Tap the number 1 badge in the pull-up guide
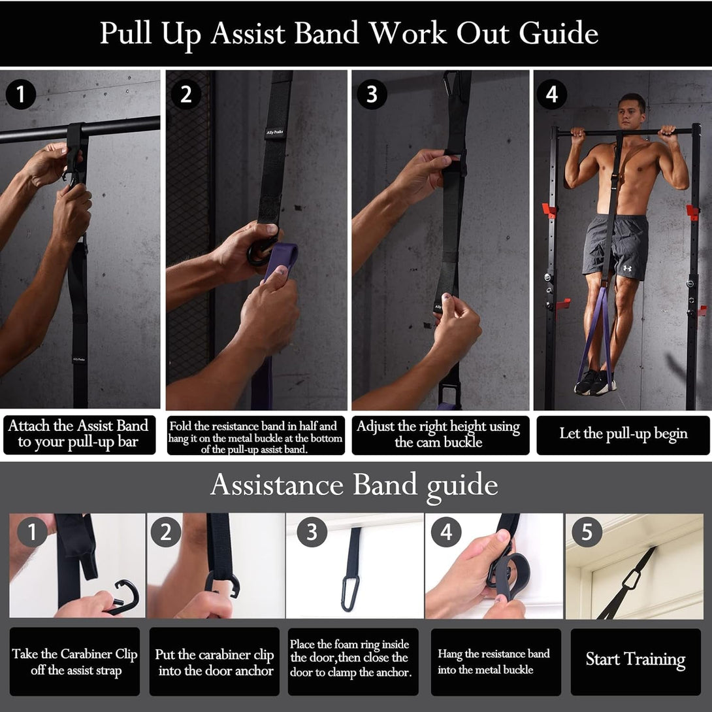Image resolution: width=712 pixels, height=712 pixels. tap(20, 95)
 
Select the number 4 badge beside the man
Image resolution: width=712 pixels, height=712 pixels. tap(551, 95)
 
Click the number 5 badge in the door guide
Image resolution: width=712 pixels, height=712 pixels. tap(587, 533)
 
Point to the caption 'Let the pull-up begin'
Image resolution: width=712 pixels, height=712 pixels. tap(623, 434)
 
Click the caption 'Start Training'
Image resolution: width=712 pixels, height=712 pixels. tap(635, 660)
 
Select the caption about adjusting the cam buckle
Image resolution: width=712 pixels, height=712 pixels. tap(439, 435)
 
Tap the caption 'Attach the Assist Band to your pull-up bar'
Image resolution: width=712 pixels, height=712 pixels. tap(78, 435)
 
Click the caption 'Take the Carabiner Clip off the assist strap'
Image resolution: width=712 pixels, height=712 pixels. tap(74, 662)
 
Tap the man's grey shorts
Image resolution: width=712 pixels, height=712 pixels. tap(615, 246)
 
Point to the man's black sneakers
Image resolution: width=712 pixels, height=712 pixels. tap(594, 382)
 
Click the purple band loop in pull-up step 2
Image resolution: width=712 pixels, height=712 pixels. tap(280, 262)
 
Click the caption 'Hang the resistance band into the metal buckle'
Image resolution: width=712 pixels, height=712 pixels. tap(494, 662)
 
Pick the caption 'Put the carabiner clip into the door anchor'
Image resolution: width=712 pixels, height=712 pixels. tap(214, 662)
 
